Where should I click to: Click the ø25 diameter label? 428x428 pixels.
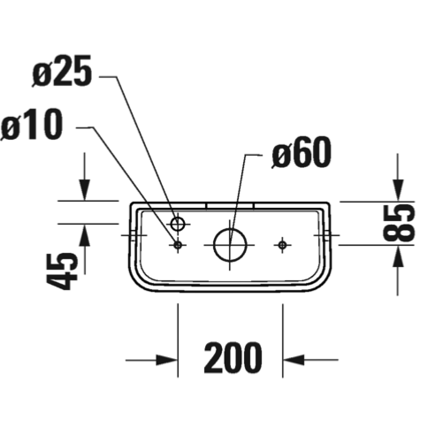(62, 72)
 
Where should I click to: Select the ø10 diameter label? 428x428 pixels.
(32, 125)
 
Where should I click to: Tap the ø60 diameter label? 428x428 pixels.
(301, 152)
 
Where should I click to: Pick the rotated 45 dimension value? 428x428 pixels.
(62, 271)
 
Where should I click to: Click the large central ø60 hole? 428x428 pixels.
(230, 245)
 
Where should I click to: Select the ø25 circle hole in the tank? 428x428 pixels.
(178, 224)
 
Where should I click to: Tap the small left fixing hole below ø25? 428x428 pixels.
(178, 244)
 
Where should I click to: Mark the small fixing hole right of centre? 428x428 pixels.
(282, 245)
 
